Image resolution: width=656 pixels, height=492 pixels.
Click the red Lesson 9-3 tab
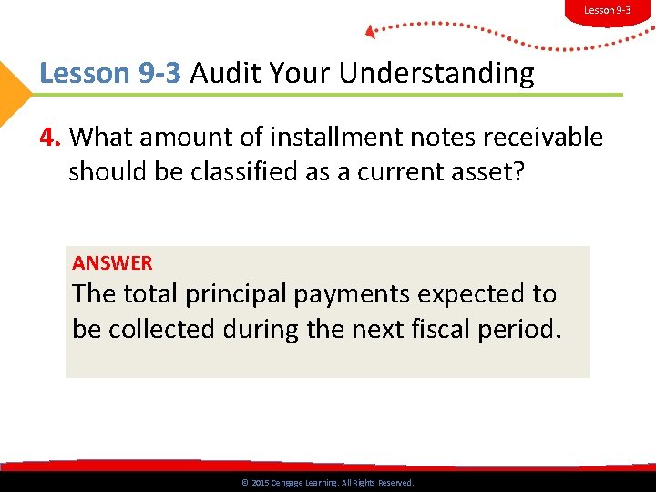pyautogui.click(x=607, y=10)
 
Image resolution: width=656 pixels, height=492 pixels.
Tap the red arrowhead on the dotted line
pyautogui.click(x=371, y=32)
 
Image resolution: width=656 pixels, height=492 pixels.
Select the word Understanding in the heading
pyautogui.click(x=436, y=74)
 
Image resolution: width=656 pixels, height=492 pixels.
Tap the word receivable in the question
pyautogui.click(x=545, y=138)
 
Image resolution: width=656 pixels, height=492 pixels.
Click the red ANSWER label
pyautogui.click(x=112, y=263)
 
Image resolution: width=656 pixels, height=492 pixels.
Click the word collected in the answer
pyautogui.click(x=156, y=330)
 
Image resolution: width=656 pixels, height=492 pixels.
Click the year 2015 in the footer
pyautogui.click(x=260, y=483)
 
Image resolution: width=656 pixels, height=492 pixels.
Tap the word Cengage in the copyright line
pyautogui.click(x=289, y=483)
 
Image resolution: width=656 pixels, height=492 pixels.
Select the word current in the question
pyautogui.click(x=398, y=173)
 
